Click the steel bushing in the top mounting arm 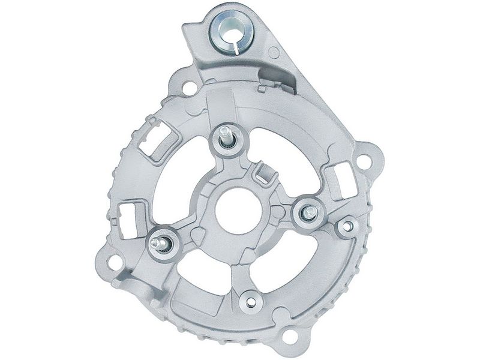point(231,31)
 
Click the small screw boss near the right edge point(347,226)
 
